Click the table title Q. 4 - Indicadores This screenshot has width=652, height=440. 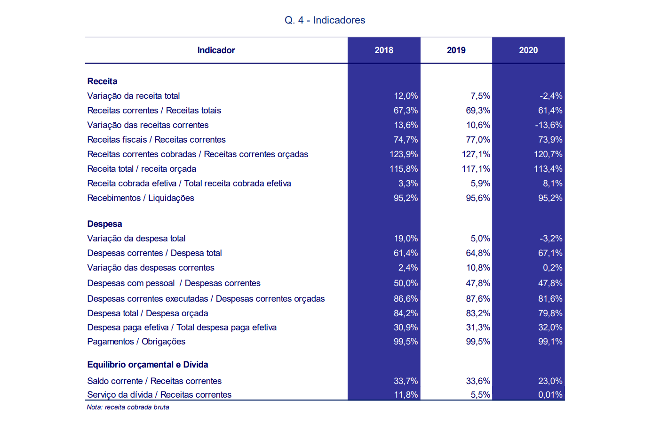(325, 20)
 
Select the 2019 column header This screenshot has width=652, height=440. (456, 50)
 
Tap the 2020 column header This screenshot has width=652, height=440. (528, 50)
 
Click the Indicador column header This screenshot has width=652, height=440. (216, 50)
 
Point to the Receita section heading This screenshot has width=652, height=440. (102, 81)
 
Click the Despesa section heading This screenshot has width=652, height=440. (104, 224)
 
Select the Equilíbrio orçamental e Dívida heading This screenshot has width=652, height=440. (148, 365)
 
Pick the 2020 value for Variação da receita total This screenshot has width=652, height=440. (551, 96)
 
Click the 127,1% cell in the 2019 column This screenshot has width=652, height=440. (476, 154)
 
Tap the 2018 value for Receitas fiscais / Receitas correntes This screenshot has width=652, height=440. (406, 139)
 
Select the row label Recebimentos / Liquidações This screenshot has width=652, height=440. (141, 198)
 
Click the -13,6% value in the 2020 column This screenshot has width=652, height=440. (549, 125)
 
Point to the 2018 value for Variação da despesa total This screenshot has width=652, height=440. (406, 239)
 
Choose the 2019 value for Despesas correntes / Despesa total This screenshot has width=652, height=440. (478, 253)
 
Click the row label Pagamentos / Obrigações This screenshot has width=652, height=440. (136, 341)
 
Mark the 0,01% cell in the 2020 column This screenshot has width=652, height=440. (550, 394)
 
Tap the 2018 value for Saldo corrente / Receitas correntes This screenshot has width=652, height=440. (406, 381)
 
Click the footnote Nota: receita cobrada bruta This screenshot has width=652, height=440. (128, 407)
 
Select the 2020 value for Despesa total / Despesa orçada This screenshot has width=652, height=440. (550, 313)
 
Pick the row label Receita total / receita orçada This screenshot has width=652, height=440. (142, 169)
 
